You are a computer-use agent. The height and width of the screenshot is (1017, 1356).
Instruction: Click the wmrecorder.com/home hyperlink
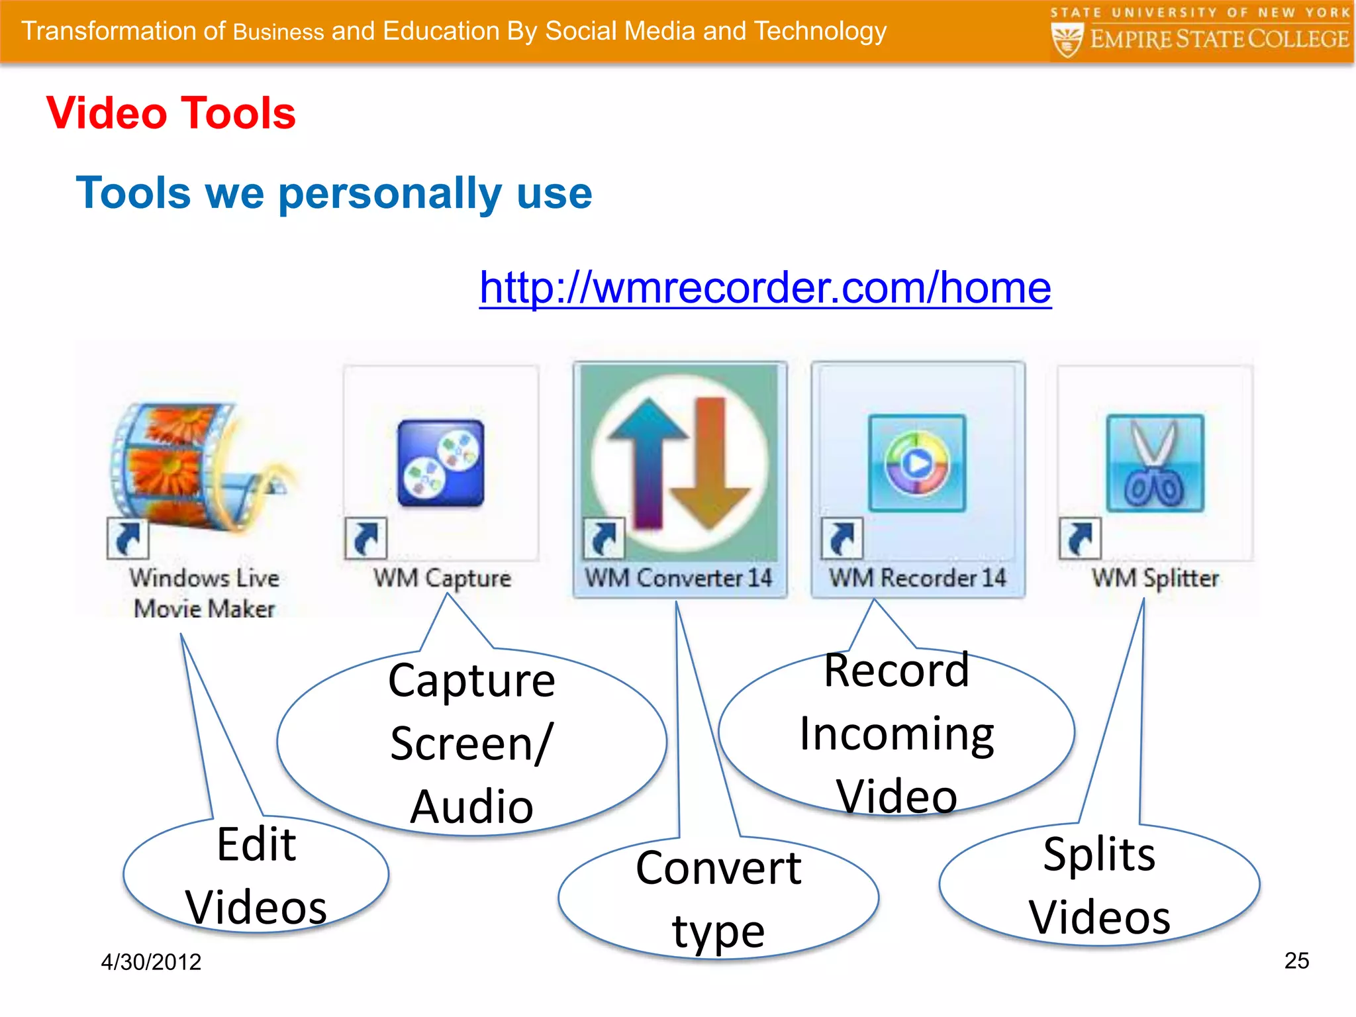765,288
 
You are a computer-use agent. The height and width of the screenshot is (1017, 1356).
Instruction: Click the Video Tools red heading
171,113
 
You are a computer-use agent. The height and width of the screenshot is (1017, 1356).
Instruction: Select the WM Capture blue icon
441,463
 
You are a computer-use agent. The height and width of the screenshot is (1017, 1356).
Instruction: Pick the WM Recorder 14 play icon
917,463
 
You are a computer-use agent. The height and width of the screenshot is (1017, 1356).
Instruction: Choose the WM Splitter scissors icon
1155,463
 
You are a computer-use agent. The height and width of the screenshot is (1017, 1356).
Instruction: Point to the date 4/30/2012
151,962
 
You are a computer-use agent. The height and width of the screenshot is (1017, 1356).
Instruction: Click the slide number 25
1296,961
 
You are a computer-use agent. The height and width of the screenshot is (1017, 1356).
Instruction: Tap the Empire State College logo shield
1067,40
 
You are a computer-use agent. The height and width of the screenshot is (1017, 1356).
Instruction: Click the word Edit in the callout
256,845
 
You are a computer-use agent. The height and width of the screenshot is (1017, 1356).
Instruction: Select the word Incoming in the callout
896,735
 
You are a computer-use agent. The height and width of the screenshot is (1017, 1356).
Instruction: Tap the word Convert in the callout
718,868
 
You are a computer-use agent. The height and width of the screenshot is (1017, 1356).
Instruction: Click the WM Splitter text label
1155,578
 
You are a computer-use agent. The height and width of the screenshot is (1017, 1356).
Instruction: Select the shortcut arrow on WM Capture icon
365,538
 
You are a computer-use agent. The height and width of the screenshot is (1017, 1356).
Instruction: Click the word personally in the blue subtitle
391,193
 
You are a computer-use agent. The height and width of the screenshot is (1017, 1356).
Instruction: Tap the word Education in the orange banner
441,31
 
